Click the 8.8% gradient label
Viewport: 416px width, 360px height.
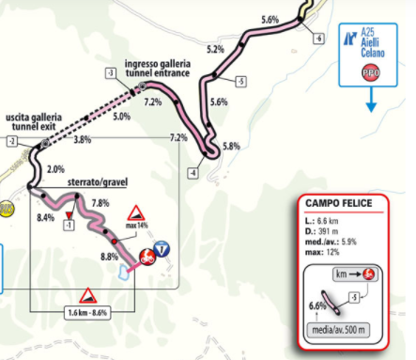coord(109,257)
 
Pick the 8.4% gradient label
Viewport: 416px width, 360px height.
coord(46,217)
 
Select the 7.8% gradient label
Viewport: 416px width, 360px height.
coord(102,203)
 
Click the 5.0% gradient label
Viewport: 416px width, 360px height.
coord(121,117)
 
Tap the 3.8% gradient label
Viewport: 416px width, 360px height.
coord(82,140)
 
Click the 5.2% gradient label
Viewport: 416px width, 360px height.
coord(214,49)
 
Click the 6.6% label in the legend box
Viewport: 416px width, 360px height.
coord(316,305)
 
